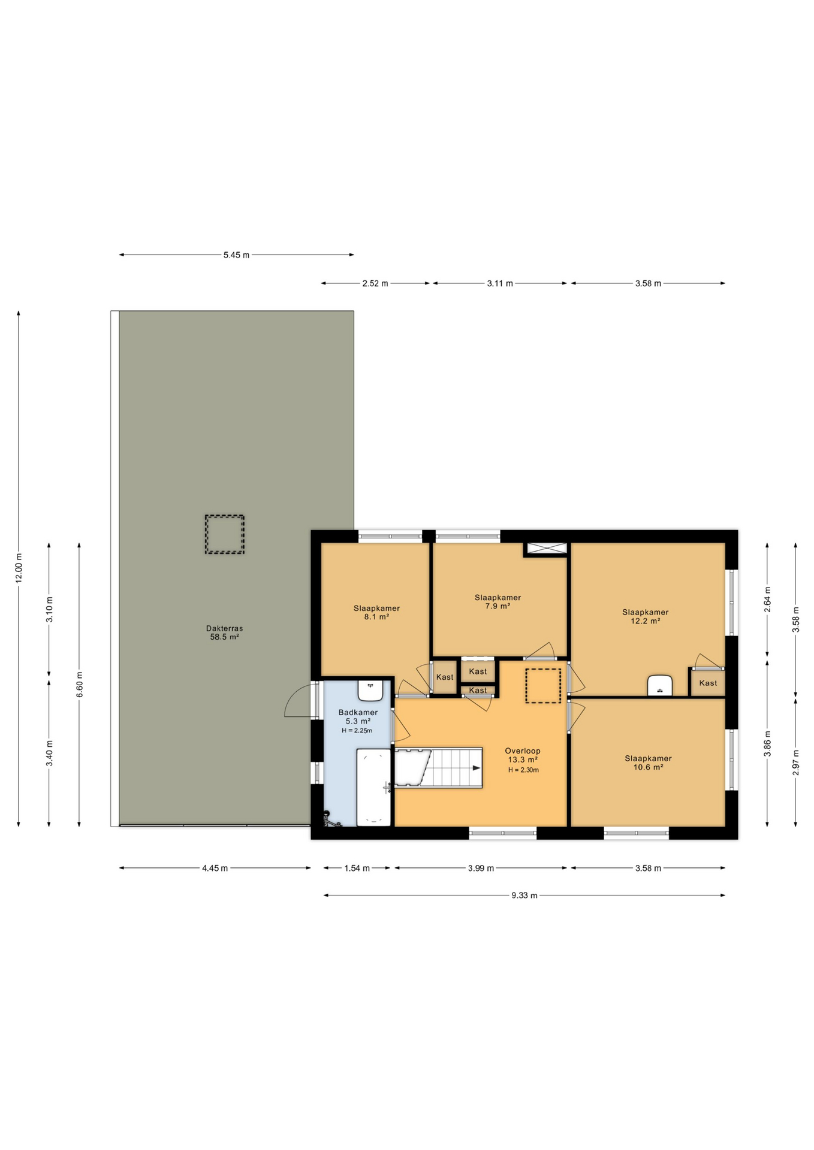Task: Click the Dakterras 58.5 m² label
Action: (x=224, y=632)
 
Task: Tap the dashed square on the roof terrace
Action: (x=224, y=534)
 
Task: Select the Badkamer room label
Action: (x=358, y=716)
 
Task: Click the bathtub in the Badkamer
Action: (x=374, y=786)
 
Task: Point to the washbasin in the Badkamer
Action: (x=370, y=690)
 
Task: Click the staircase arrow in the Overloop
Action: (x=475, y=768)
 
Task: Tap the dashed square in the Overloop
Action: (x=543, y=686)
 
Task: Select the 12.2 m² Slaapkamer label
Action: (x=645, y=616)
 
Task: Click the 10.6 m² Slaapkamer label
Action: (x=648, y=762)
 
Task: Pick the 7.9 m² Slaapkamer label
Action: (x=498, y=601)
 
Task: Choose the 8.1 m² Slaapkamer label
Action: (x=376, y=612)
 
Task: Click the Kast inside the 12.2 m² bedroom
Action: (x=707, y=683)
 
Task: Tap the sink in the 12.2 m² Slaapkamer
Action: (x=659, y=686)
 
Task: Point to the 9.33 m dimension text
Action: (x=524, y=895)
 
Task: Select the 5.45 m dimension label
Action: (x=236, y=255)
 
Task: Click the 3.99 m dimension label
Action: (x=481, y=868)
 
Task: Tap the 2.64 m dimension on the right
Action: (x=767, y=599)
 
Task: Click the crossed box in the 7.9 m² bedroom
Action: (x=545, y=549)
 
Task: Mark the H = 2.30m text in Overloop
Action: (x=523, y=770)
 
